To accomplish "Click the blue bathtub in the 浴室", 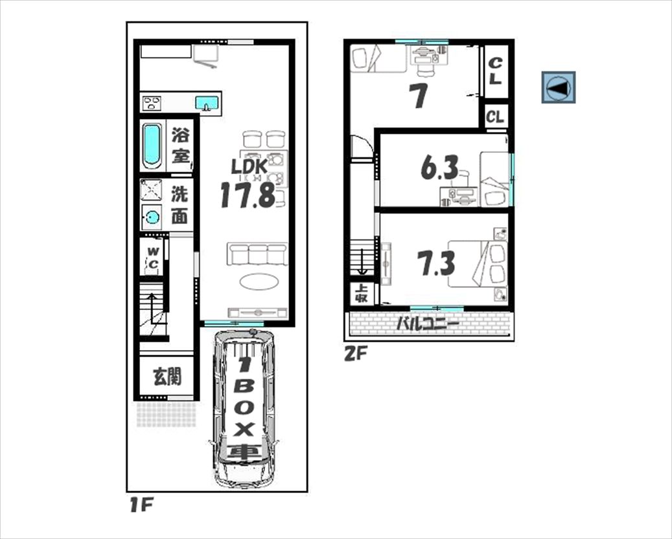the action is [152, 146].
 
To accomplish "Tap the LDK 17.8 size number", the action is [248, 195].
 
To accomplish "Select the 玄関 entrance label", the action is [167, 377].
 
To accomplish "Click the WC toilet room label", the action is [153, 258].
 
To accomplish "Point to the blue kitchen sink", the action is [207, 103].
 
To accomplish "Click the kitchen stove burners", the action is [152, 103].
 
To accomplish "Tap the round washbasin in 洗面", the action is [151, 217].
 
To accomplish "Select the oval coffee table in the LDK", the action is [259, 281].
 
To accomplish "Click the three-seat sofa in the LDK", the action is [257, 254].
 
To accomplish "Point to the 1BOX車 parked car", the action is [244, 408].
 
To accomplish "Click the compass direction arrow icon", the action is [559, 88].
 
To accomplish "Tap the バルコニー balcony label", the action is [427, 323].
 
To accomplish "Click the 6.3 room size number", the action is [439, 167].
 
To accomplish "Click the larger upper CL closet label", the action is [495, 71].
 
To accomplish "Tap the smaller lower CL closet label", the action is [496, 116].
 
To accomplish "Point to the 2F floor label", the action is [355, 353].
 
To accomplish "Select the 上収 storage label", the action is [362, 294].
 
